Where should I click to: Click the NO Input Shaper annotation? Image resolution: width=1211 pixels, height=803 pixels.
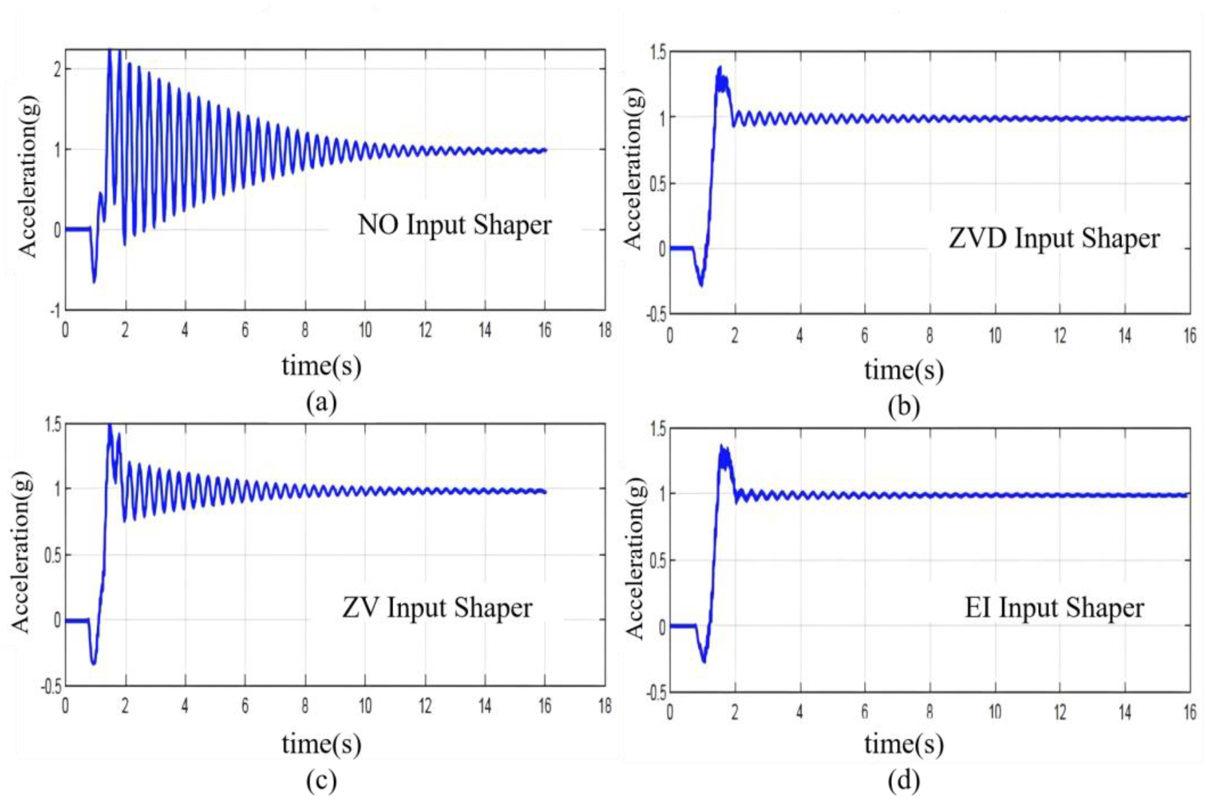click(455, 225)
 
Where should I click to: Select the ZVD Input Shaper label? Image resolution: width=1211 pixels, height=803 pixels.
click(1054, 239)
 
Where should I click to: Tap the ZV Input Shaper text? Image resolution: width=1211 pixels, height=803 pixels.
click(437, 608)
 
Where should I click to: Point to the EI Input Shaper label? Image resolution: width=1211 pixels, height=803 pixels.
click(1054, 608)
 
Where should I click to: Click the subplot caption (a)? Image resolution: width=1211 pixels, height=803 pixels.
click(321, 402)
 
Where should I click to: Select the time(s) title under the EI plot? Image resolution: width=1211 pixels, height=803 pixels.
click(904, 744)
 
